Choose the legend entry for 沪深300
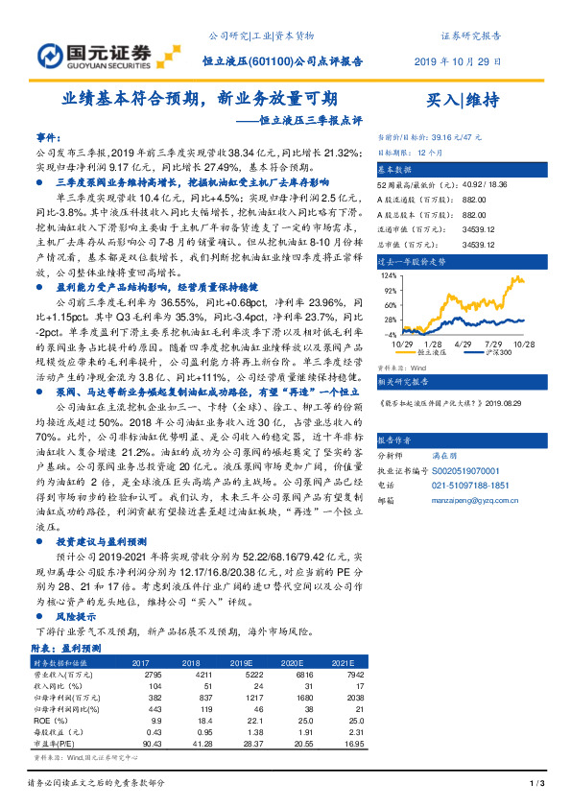496,351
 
